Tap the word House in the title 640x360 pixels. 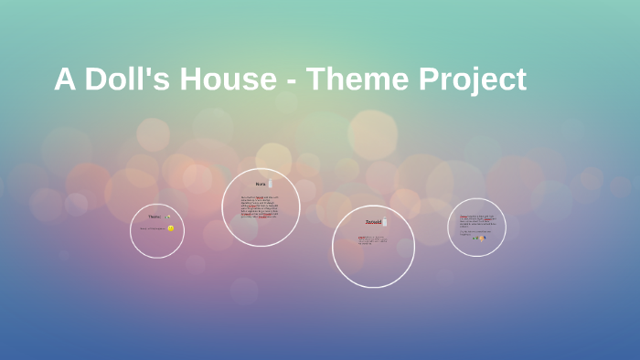pos(227,79)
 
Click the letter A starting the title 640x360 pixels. pos(64,79)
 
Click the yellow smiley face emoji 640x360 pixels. pos(171,228)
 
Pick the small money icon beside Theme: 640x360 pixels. pos(168,217)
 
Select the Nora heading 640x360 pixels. pos(261,185)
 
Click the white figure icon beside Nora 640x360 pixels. pos(271,184)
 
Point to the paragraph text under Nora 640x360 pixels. pos(261,206)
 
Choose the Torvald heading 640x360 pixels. pos(373,222)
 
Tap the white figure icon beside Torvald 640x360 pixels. pos(385,222)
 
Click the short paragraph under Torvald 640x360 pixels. pos(372,240)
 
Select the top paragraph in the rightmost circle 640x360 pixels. pos(477,220)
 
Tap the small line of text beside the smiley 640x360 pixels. pos(153,228)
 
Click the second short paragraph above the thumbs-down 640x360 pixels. pos(475,232)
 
